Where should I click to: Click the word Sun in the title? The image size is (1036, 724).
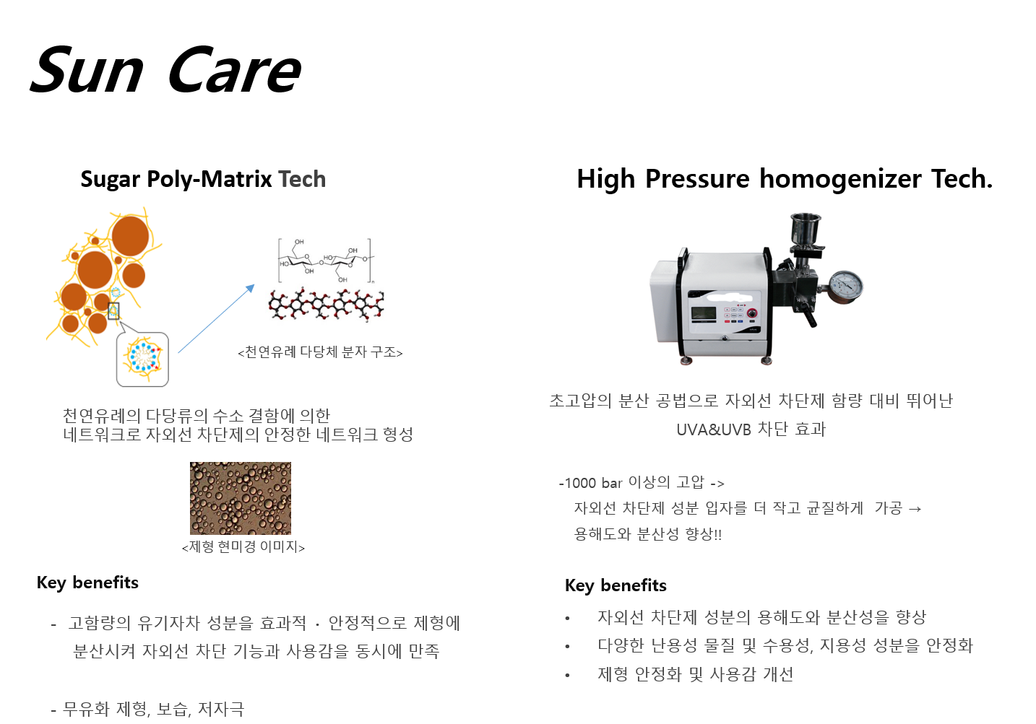click(x=87, y=69)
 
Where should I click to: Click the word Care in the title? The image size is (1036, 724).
click(x=235, y=69)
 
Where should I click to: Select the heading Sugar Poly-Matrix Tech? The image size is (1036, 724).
click(x=203, y=179)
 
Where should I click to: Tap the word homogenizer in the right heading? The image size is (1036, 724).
click(x=840, y=179)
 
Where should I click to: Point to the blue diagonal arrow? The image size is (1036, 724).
click(x=217, y=318)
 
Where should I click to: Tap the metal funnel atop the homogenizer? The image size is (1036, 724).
click(x=806, y=231)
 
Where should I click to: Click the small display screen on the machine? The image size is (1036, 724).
click(x=704, y=313)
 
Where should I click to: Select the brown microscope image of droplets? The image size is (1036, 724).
click(x=241, y=498)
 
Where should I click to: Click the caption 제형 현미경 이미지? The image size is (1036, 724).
click(x=243, y=547)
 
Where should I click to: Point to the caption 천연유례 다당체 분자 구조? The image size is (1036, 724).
click(x=320, y=352)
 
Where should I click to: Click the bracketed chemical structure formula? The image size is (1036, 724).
click(x=326, y=261)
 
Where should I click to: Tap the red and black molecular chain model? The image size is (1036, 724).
click(x=326, y=305)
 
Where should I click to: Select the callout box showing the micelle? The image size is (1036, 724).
click(x=142, y=359)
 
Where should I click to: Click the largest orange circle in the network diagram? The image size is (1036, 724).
click(x=131, y=235)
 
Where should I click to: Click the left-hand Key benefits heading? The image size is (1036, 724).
click(x=87, y=583)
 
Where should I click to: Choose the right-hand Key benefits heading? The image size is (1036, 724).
click(x=616, y=586)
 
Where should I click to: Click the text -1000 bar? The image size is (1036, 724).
click(x=591, y=484)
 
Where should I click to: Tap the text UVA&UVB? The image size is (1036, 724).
click(x=714, y=429)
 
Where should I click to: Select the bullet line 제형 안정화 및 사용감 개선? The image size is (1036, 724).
click(x=695, y=675)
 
